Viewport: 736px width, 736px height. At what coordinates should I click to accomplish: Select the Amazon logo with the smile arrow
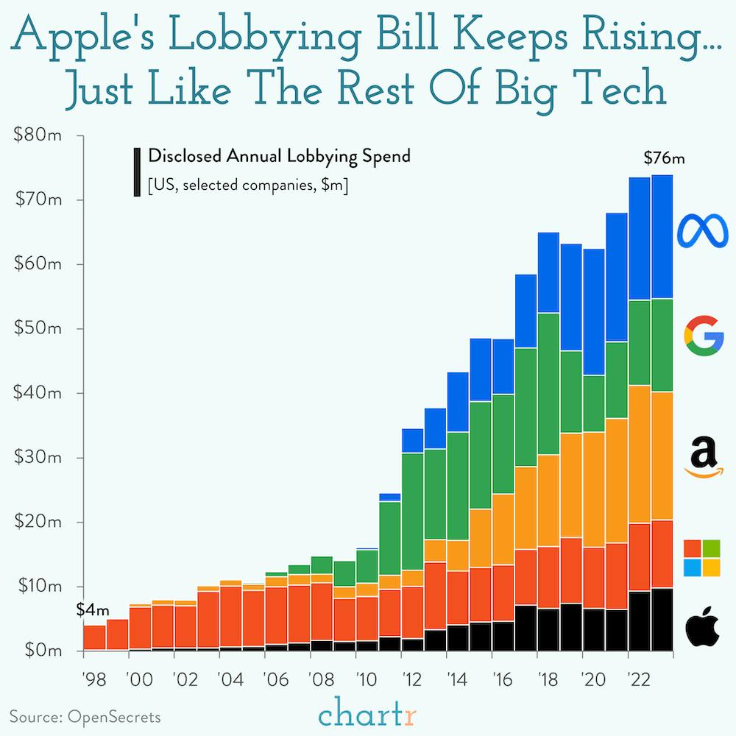tap(704, 456)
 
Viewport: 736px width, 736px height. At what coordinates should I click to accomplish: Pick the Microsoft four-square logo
tap(702, 557)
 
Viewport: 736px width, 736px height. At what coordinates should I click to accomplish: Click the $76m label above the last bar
tap(664, 158)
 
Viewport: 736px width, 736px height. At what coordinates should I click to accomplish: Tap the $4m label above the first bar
tap(93, 609)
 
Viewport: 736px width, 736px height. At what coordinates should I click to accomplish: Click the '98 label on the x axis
tap(94, 678)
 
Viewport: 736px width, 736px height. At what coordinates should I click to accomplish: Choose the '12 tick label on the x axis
tap(412, 678)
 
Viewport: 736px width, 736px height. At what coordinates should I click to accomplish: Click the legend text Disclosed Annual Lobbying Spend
tap(279, 156)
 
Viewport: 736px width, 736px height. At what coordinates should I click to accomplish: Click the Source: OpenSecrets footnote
tap(85, 715)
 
